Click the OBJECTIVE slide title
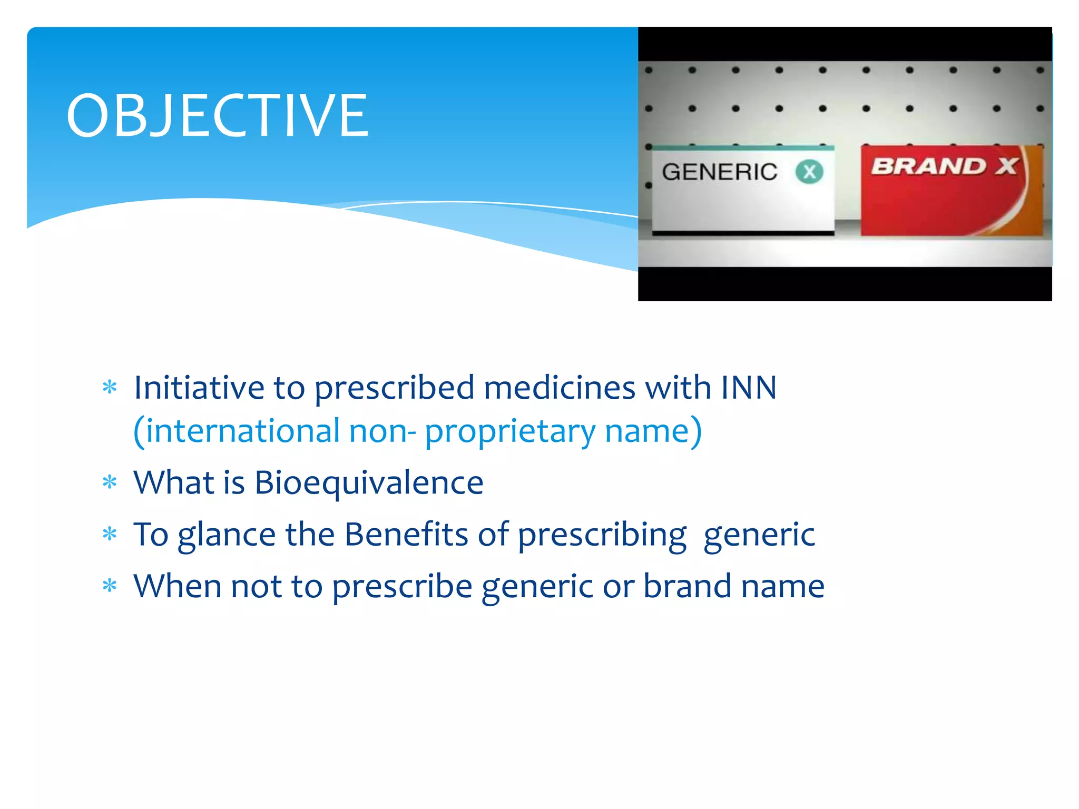(x=217, y=115)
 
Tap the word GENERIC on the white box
(x=719, y=172)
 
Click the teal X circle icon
(x=809, y=172)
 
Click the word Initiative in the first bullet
(x=199, y=388)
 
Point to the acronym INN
(x=749, y=388)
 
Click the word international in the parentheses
(x=242, y=431)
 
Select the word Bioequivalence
(x=369, y=482)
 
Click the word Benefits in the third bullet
(x=406, y=534)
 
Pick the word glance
(x=227, y=535)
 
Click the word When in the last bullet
(x=177, y=586)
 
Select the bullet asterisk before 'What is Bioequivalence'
(x=110, y=482)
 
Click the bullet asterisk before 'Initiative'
(x=110, y=388)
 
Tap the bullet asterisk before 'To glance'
(x=110, y=534)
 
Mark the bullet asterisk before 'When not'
(x=110, y=586)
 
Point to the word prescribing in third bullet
(x=602, y=535)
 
